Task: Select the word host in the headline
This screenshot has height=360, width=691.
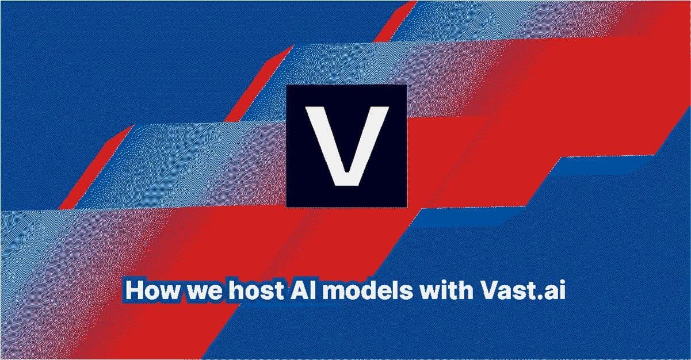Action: point(256,290)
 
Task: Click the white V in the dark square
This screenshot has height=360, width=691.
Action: point(347,146)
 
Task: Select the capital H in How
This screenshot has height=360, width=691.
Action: point(135,290)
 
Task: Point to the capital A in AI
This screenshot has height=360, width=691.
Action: point(299,290)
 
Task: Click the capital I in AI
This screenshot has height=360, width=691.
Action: point(313,290)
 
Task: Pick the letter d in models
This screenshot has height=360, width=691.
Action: point(373,290)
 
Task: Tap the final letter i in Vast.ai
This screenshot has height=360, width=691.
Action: point(562,290)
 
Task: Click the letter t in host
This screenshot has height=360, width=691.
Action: point(279,291)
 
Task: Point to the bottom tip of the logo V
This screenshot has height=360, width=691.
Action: point(347,186)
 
